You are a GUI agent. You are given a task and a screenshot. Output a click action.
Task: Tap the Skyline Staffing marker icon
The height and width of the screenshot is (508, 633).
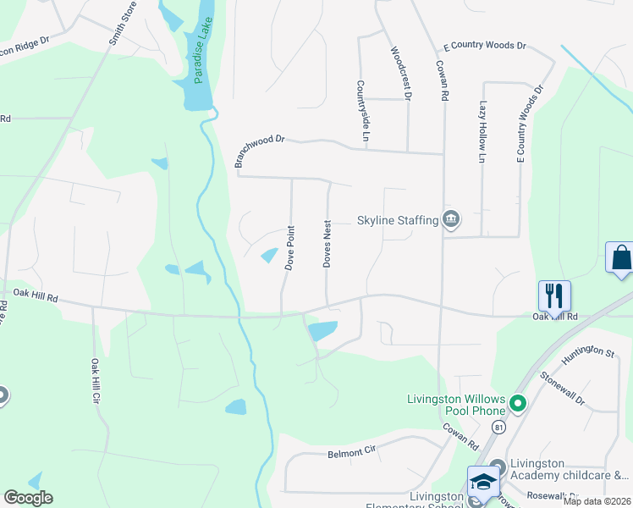pos(451,220)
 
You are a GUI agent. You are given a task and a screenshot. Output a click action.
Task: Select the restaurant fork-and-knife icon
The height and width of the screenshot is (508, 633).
pos(554,295)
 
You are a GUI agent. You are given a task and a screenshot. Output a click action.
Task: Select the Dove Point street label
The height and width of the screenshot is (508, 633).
pos(289,247)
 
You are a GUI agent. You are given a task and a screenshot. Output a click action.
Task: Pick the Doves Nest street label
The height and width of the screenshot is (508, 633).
pos(327,245)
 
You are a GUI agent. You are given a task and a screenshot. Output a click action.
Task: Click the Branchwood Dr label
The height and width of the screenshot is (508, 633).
pos(260,152)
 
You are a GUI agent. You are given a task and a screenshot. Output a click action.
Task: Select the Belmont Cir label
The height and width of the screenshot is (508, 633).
pos(350,453)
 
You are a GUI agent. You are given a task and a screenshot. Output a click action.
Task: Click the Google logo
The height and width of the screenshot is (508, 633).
pos(28,498)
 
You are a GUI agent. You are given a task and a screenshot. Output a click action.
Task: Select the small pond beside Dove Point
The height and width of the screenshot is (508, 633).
pos(269,255)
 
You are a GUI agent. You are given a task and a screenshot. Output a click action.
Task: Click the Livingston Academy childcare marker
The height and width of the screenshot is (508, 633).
pos(497,467)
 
